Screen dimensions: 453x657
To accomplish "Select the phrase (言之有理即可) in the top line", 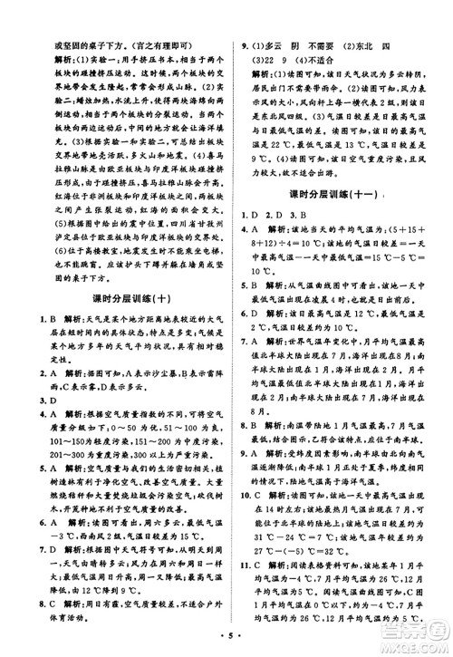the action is click(158, 18).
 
